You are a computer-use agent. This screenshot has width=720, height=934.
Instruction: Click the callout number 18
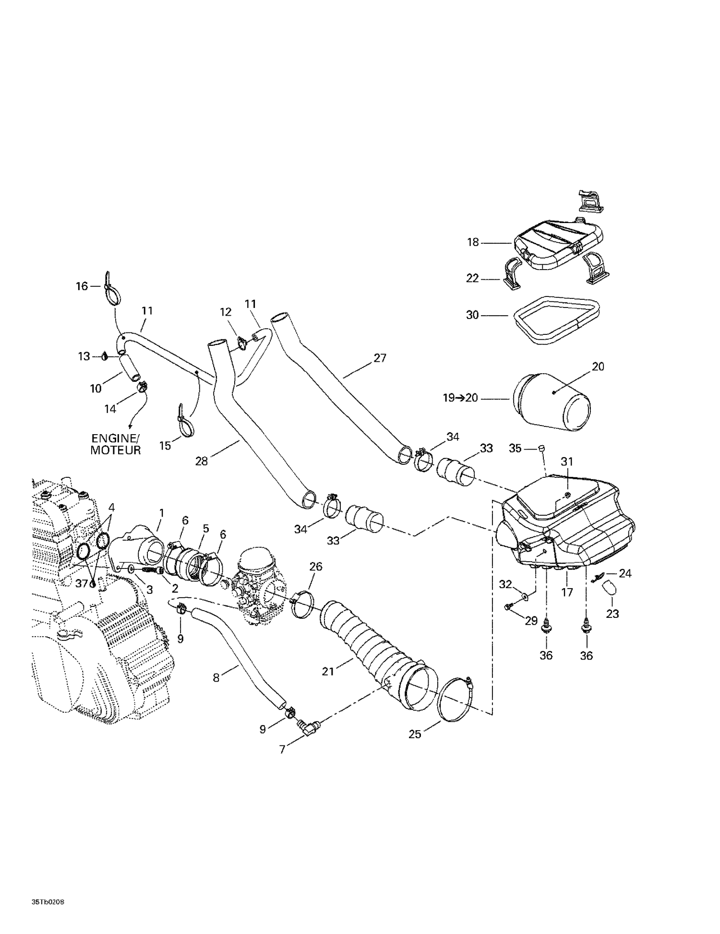[x=473, y=243]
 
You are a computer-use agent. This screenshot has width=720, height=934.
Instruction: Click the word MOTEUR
[x=116, y=450]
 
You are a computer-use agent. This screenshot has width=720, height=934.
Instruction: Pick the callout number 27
[x=380, y=358]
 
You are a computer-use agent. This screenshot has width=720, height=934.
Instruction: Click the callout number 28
[x=202, y=461]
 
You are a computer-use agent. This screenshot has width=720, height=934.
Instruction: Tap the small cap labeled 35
[x=541, y=448]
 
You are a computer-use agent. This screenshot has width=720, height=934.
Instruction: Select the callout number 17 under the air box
[x=567, y=592]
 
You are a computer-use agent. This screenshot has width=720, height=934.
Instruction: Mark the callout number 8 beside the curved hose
[x=216, y=678]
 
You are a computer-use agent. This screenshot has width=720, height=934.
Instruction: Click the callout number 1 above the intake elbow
[x=162, y=513]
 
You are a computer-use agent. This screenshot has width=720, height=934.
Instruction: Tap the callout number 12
[x=226, y=312]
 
